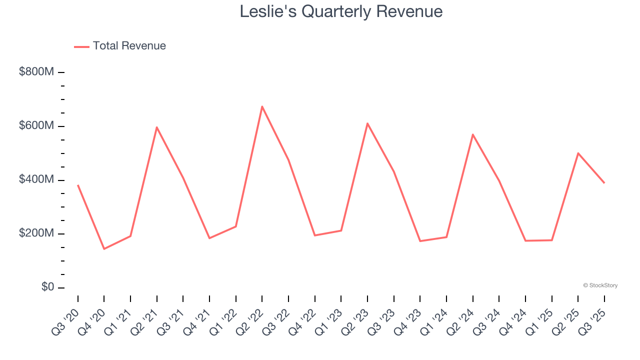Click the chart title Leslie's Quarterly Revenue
point(341,11)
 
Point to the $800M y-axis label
point(36,72)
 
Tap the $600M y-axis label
point(36,126)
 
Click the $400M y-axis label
point(36,179)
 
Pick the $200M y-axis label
point(36,233)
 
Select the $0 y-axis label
point(47,287)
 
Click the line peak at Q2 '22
point(262,106)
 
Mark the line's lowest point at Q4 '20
point(104,248)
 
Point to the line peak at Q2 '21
point(157,127)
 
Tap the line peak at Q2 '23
point(367,123)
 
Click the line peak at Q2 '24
point(472,134)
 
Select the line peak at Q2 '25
point(578,153)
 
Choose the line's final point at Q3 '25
point(604,183)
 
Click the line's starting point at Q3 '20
point(78,185)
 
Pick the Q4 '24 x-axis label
point(514,320)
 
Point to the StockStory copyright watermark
point(600,285)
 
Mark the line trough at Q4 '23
point(420,241)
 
